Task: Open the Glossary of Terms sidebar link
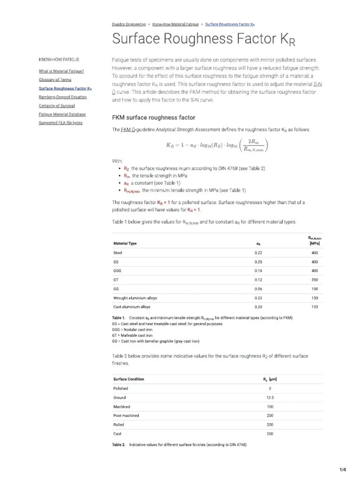(x=55, y=79)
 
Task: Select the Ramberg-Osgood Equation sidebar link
(x=63, y=97)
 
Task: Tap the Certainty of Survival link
(x=56, y=105)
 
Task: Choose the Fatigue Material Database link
(x=62, y=114)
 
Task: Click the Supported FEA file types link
(x=60, y=123)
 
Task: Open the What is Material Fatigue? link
(x=61, y=71)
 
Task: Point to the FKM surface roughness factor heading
(x=153, y=117)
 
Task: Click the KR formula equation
(x=217, y=145)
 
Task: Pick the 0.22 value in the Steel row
(x=258, y=253)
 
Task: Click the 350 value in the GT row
(x=314, y=279)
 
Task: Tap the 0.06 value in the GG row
(x=258, y=289)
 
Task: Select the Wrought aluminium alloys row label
(x=135, y=298)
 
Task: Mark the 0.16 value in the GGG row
(x=258, y=271)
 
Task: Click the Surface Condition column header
(x=129, y=379)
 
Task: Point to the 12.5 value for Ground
(x=270, y=397)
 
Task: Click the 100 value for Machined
(x=270, y=406)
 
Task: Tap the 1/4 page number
(x=343, y=470)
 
